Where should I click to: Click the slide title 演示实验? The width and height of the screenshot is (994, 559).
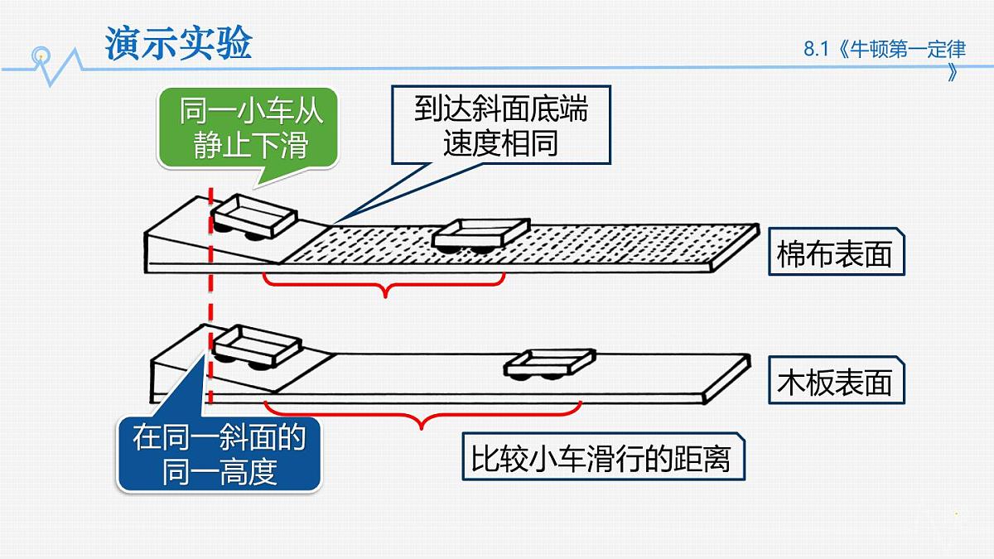[x=178, y=43]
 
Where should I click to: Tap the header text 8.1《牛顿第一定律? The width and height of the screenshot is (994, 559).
[x=885, y=49]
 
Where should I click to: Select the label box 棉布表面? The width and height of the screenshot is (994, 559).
[x=837, y=252]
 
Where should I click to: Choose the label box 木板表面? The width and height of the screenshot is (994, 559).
[x=837, y=380]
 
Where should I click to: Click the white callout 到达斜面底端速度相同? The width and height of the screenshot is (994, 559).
[x=501, y=125]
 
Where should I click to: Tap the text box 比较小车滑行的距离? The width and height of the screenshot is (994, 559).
[x=604, y=456]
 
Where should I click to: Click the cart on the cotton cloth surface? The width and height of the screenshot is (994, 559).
[x=481, y=235]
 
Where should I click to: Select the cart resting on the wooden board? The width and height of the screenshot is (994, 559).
[x=549, y=364]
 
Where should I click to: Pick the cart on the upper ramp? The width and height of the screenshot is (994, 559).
[x=253, y=216]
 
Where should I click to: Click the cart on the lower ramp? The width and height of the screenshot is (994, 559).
[x=257, y=347]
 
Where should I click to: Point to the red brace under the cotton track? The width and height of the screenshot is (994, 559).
[x=384, y=284]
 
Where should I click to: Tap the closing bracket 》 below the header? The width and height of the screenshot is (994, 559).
[x=952, y=73]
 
